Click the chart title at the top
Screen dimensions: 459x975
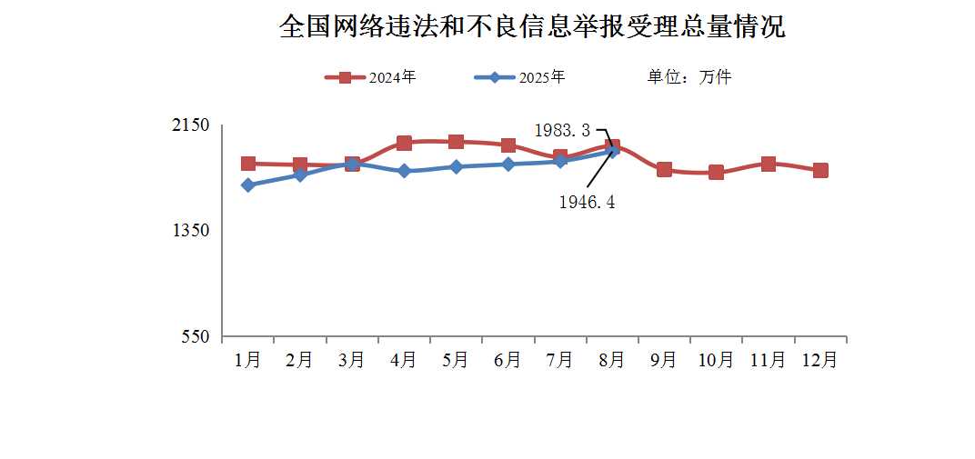point(532,26)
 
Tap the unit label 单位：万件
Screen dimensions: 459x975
point(689,77)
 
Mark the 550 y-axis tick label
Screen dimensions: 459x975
point(196,337)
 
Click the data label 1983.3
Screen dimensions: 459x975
point(562,131)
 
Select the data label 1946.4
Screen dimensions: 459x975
point(587,203)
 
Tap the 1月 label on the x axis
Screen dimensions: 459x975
point(247,360)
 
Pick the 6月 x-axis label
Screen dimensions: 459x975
point(508,360)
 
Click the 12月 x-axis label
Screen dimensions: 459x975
point(819,360)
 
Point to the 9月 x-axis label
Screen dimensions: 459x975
point(663,360)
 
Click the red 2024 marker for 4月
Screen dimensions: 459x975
point(404,143)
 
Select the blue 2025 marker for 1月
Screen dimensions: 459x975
point(247,185)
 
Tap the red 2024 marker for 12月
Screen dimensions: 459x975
point(820,170)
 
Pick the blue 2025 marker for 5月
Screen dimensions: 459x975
point(456,166)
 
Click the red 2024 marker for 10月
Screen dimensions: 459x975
point(716,172)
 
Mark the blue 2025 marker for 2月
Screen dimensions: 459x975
point(300,175)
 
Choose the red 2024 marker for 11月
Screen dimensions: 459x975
point(769,164)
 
